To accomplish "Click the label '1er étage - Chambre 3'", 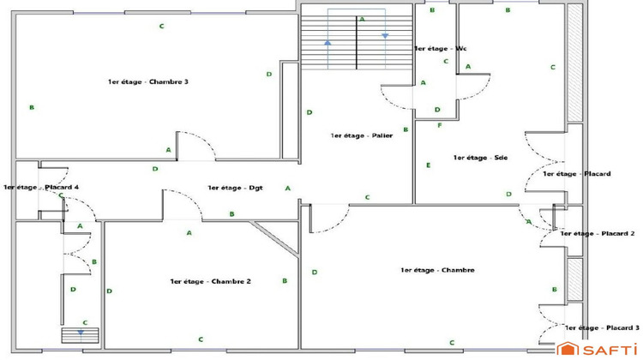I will click(x=147, y=81).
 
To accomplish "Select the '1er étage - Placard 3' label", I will click(x=602, y=327).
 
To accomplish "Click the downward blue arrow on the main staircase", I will click(x=385, y=35).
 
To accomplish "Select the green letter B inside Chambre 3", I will click(x=32, y=108).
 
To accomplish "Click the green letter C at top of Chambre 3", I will click(x=161, y=27).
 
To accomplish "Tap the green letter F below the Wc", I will click(x=440, y=126).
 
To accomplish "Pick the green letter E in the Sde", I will click(x=428, y=165).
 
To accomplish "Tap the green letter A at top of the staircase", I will click(x=362, y=19).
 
